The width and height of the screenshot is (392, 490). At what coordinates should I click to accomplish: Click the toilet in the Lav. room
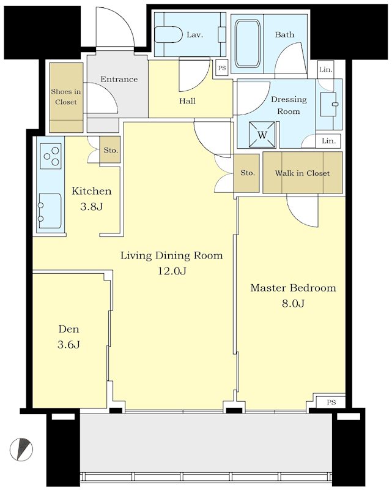click(169, 36)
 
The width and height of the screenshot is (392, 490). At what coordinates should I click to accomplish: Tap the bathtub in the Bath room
click(248, 43)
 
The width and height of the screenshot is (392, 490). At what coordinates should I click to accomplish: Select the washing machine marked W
click(262, 134)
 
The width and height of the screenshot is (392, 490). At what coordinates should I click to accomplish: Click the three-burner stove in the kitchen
click(51, 156)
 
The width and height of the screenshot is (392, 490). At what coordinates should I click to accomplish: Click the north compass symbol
click(21, 449)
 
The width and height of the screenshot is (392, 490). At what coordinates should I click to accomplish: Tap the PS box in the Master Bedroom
click(331, 402)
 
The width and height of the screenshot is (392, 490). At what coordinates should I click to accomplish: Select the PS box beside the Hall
click(222, 67)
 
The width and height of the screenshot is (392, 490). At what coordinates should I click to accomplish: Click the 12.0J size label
click(172, 271)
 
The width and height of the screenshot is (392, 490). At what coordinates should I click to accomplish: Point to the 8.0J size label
click(293, 303)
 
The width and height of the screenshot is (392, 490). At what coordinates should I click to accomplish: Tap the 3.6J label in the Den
click(68, 344)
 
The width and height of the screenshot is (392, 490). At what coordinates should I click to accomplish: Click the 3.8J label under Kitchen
click(92, 206)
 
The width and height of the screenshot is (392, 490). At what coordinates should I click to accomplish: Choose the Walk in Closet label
click(302, 173)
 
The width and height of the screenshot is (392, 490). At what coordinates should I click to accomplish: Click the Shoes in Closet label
click(66, 97)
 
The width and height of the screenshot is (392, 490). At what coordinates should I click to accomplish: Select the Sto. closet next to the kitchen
click(110, 149)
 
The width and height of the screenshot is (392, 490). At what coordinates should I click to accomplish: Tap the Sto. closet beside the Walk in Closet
click(247, 173)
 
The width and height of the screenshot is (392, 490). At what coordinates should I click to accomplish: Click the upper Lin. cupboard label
click(326, 69)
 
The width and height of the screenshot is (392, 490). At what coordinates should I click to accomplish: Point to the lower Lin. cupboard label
click(328, 141)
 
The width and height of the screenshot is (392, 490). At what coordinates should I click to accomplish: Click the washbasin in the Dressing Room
click(328, 104)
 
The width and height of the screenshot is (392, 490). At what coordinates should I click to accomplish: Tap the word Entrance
click(119, 79)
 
